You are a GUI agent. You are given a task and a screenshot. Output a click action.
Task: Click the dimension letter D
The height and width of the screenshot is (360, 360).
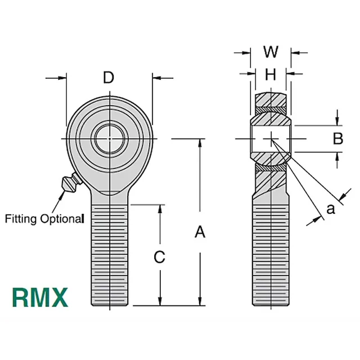pyautogui.click(x=109, y=78)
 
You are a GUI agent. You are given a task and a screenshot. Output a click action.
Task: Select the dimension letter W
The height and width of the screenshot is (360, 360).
pyautogui.click(x=271, y=52)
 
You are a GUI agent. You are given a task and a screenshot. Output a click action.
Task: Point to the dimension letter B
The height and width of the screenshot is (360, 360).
pyautogui.click(x=337, y=138)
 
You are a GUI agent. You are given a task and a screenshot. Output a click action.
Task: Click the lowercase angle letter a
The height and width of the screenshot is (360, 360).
pyautogui.click(x=330, y=209)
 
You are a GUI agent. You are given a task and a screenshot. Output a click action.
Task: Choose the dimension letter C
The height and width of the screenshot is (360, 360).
pyautogui.click(x=160, y=257)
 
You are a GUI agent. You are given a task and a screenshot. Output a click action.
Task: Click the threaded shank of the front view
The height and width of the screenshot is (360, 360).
pyautogui.click(x=111, y=253)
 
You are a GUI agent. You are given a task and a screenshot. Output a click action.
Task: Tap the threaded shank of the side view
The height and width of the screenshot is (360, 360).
pyautogui.click(x=271, y=253)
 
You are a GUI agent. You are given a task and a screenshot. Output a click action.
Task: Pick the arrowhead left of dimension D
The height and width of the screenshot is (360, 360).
pyautogui.click(x=62, y=78)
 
